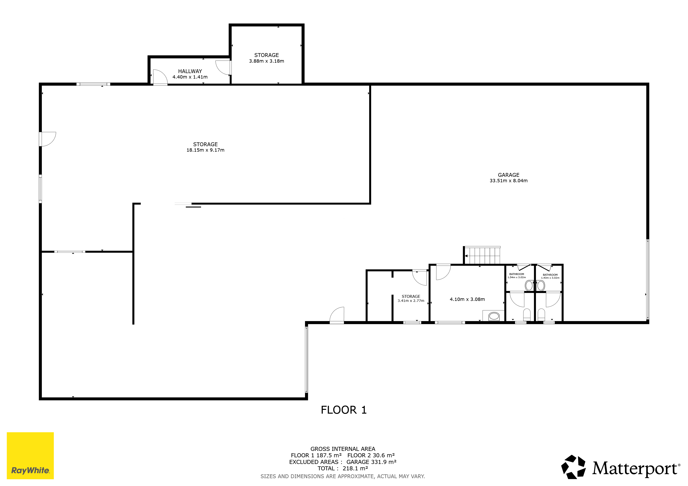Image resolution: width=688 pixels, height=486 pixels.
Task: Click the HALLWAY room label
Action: [x=190, y=71]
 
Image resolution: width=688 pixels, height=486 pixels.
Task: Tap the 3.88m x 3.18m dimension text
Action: [x=266, y=61]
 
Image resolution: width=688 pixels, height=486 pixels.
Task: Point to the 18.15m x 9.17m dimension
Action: [x=205, y=150]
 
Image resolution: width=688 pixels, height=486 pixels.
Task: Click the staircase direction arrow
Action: [x=466, y=256]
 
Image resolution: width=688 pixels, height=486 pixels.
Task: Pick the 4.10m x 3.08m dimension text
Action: [x=467, y=299]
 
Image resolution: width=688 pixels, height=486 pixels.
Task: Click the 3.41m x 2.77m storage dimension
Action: [x=411, y=301]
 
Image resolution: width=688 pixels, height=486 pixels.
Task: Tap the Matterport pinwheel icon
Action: [x=573, y=467]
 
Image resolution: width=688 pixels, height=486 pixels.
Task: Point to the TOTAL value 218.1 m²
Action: [x=355, y=469]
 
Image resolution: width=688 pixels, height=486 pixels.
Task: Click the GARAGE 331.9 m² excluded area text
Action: [x=371, y=462]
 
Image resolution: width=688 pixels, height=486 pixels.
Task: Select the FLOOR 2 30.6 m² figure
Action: [x=371, y=455]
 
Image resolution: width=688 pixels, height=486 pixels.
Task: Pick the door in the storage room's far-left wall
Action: [x=48, y=139]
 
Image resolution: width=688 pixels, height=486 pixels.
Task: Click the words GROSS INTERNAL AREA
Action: [x=343, y=449]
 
